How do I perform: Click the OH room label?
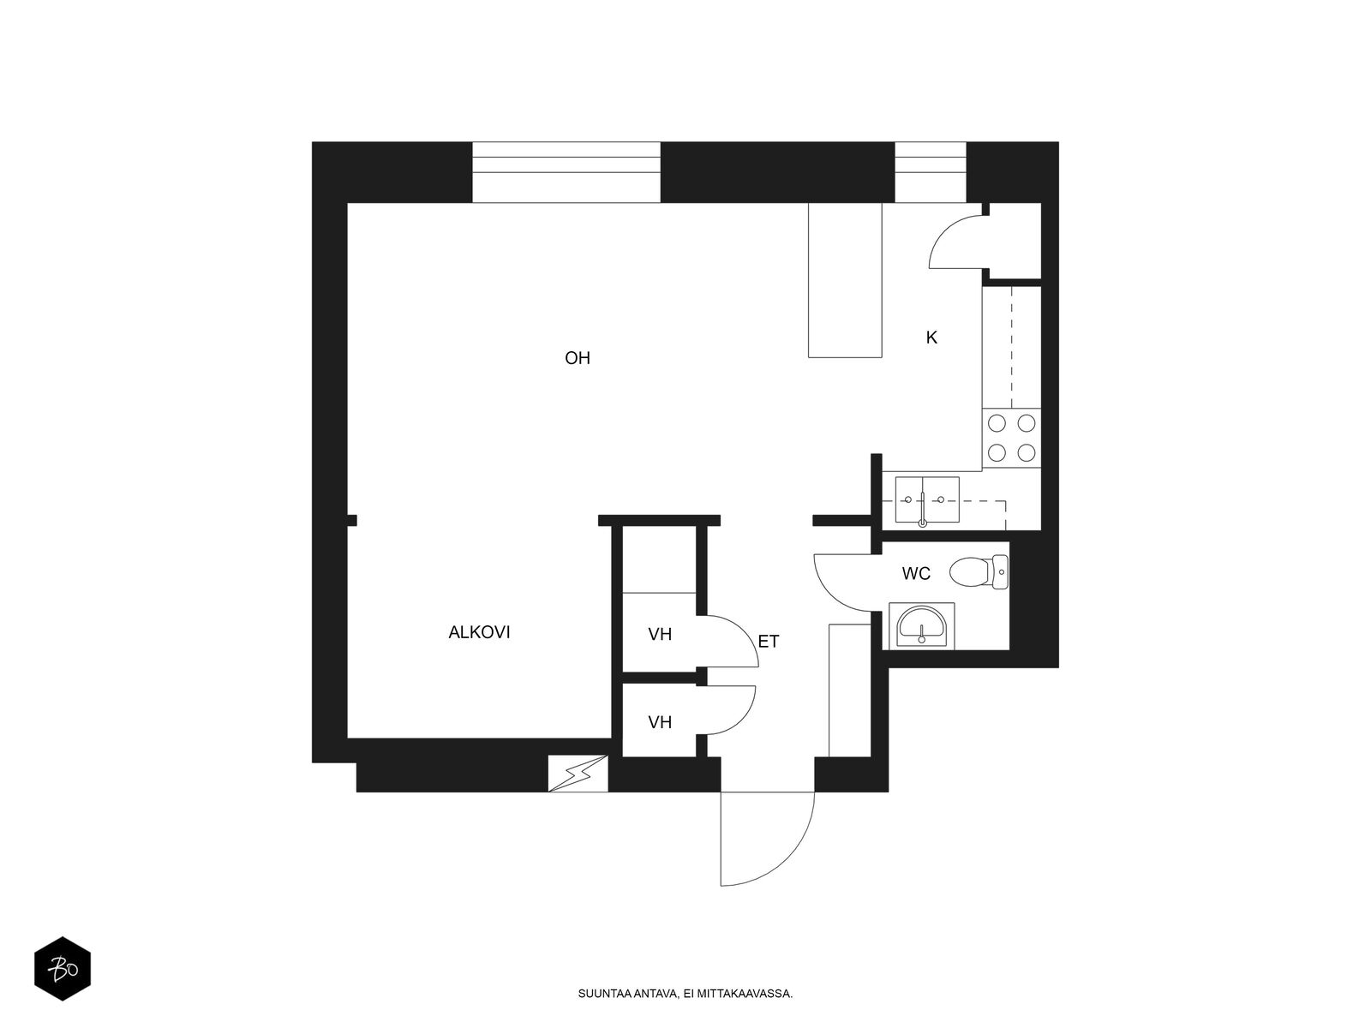coord(578,357)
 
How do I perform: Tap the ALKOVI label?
coord(479,632)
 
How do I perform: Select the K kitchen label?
coord(931,338)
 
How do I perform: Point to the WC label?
coord(916,573)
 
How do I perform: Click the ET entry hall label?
coord(769,641)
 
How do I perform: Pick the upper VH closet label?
coord(660,634)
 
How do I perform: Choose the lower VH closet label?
coord(660,722)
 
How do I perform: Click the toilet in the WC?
coord(979,572)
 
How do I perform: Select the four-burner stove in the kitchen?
coord(1011,438)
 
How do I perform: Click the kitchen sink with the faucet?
coord(927,499)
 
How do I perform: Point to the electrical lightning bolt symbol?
coord(578,774)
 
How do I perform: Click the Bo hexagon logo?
coord(63,969)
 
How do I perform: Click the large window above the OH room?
coord(566,172)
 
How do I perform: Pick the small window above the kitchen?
coord(931,172)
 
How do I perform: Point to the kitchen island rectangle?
coord(845,280)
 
